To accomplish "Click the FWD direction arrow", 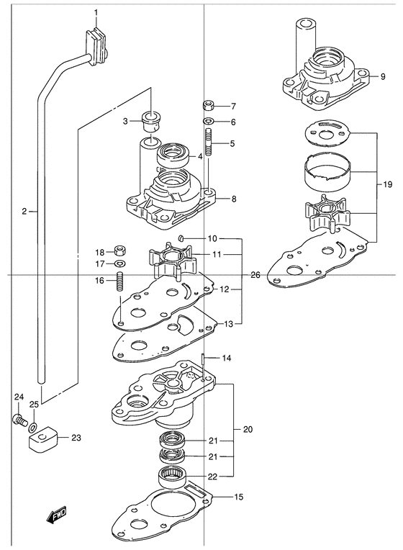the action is (x=56, y=515).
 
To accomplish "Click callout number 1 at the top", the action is (x=96, y=13).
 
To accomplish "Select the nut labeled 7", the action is (x=209, y=104).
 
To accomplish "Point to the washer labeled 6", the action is (x=209, y=122).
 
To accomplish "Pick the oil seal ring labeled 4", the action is (x=173, y=154).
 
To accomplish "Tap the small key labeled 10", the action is (x=181, y=238).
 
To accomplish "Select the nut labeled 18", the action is (x=121, y=251).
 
